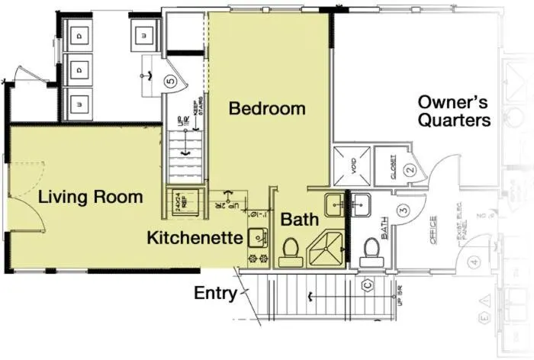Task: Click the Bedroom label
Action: tap(267, 108)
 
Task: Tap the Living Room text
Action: tap(91, 197)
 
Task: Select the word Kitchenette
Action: tap(195, 236)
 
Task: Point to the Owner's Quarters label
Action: tap(454, 111)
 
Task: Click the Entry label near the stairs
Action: tap(215, 293)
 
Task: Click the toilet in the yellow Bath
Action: tap(290, 250)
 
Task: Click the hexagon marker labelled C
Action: tap(366, 285)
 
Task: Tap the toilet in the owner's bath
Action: tap(371, 249)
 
